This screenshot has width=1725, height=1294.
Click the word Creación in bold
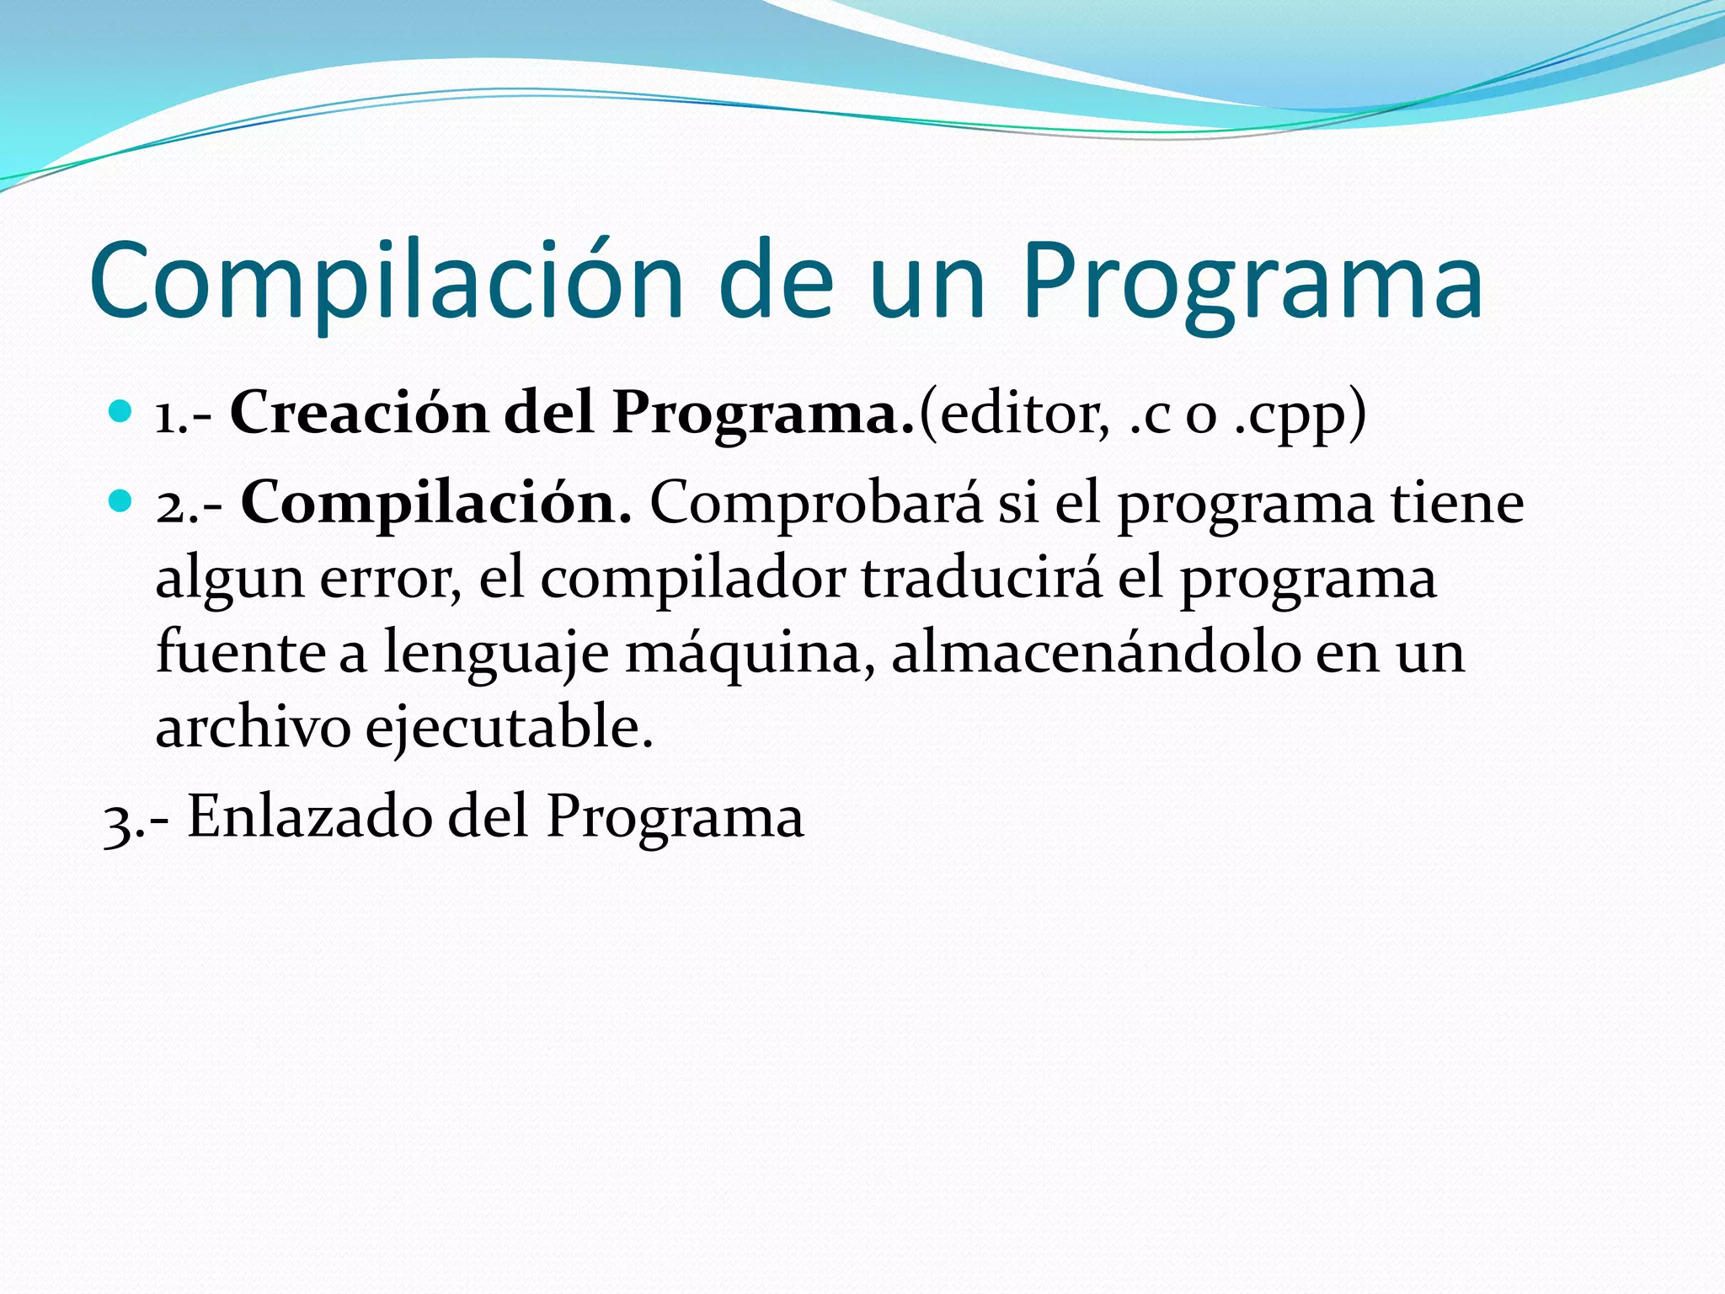point(359,413)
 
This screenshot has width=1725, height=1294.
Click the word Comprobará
point(815,504)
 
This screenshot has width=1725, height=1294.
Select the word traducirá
point(980,578)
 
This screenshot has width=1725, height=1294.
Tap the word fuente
point(241,652)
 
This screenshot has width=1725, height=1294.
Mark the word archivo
point(253,726)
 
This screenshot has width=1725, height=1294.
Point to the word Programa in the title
point(1252,281)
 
